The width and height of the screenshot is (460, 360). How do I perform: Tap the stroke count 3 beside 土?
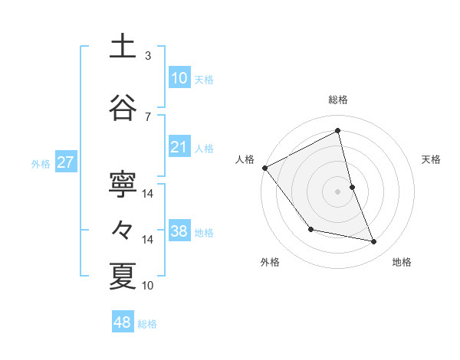pos(147,55)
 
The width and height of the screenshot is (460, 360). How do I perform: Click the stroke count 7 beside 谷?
pos(147,116)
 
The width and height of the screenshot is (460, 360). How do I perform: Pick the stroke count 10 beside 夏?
pos(148,286)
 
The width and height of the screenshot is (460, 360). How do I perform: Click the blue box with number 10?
pos(179,78)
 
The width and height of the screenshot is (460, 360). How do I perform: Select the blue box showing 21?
pos(179,147)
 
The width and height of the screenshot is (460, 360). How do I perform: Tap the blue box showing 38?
pos(179,231)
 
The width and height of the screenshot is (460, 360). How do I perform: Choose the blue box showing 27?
pos(65,162)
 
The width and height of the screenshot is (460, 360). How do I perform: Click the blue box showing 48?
pos(123,322)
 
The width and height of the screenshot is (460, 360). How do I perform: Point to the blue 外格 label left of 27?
pos(41,163)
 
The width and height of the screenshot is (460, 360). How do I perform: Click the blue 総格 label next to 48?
pos(147,324)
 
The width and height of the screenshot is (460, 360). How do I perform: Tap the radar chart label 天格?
pos(431,159)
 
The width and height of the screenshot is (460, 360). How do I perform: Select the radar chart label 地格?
pos(402,262)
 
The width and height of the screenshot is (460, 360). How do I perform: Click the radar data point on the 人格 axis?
pos(264,168)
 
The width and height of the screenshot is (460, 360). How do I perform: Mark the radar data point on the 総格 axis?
pos(337,130)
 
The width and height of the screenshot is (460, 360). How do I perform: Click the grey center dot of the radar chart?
pos(337,191)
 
